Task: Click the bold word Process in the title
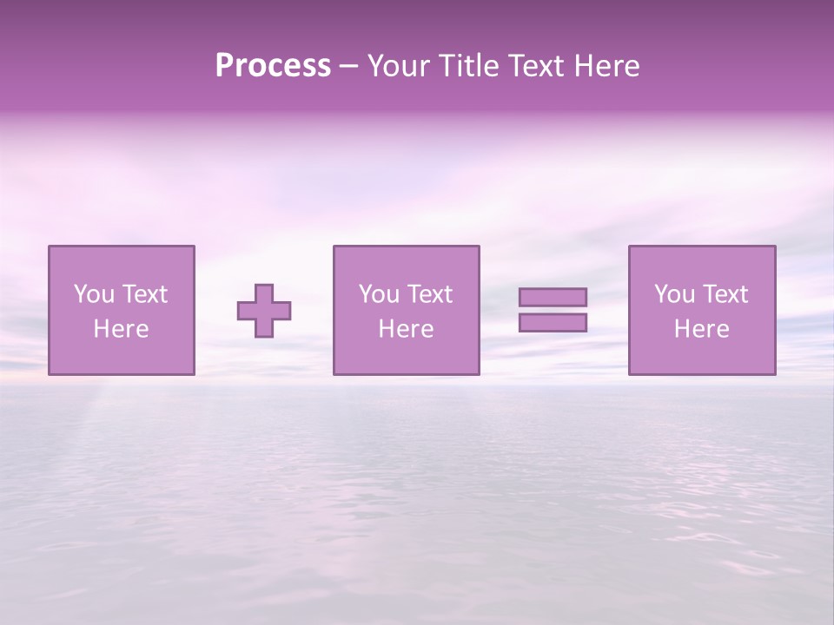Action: pos(273,66)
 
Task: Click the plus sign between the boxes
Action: pos(264,311)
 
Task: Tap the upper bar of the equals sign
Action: pos(553,297)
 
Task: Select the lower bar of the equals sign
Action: pos(553,322)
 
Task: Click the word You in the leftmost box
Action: pos(93,294)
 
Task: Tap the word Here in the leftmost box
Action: pos(121,329)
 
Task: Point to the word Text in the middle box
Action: pos(430,294)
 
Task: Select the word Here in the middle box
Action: pos(406,329)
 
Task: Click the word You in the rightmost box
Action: pos(673,294)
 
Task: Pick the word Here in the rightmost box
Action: pos(701,329)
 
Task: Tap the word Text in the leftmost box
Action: pos(145,294)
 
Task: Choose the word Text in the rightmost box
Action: pos(725,294)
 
